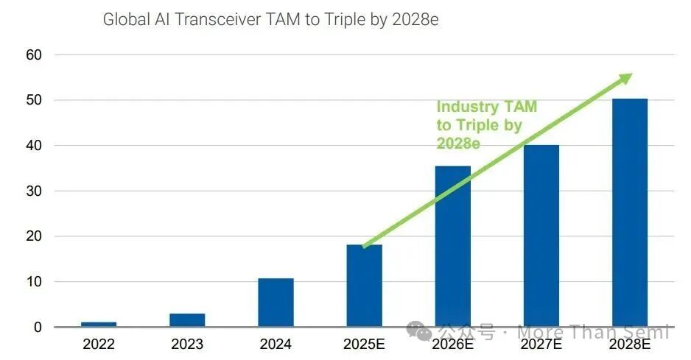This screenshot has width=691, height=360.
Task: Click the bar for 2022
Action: coord(99,324)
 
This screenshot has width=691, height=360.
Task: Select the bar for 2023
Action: coord(187,320)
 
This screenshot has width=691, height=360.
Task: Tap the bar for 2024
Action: coord(276,303)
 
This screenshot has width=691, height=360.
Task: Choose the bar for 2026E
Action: coord(452,247)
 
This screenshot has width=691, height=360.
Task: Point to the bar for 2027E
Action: coord(541,236)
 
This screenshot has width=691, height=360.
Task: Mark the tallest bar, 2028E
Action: coord(629,213)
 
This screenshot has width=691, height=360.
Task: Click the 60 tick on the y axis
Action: coord(35,54)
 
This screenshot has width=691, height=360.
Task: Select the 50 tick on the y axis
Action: coord(35,100)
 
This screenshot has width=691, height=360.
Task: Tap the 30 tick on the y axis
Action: coord(35,191)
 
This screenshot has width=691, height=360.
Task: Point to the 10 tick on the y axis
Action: coord(35,282)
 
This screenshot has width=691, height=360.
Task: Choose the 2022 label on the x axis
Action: coord(99,344)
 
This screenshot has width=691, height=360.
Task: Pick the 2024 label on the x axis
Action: coord(276,344)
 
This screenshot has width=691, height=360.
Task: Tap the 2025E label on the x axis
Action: coord(364,344)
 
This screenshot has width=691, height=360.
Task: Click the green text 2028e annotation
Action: coord(458,143)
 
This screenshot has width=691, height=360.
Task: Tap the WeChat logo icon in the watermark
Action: coord(423,333)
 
